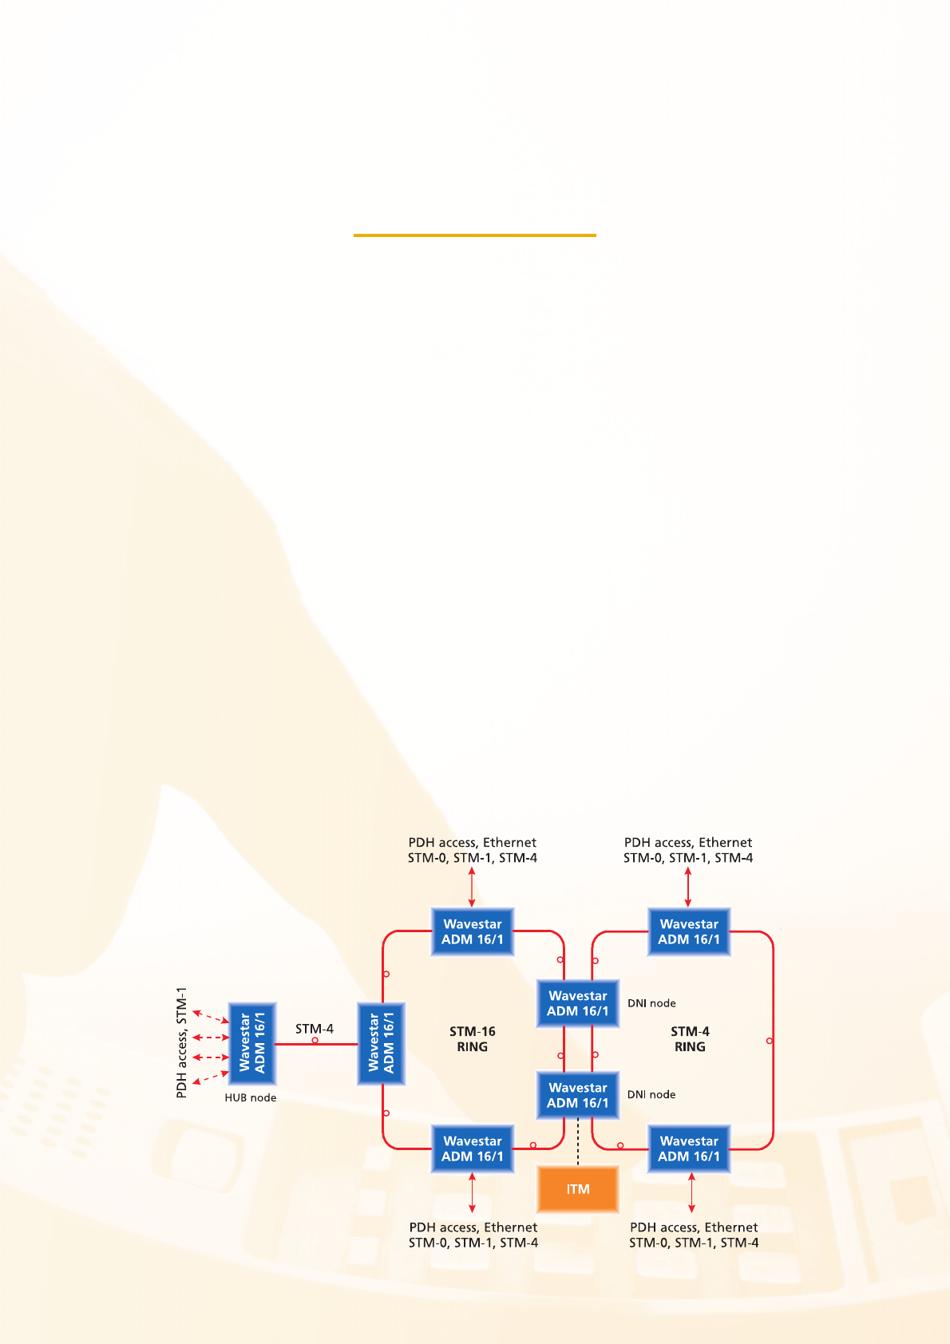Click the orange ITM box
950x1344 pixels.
pos(577,1188)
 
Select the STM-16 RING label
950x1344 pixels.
pos(472,1039)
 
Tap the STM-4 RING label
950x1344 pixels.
pos(690,1039)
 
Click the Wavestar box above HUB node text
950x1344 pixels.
pos(252,1042)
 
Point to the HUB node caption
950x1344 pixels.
pos(250,1097)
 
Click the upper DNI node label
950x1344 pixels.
pos(651,1003)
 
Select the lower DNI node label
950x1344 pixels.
pos(651,1094)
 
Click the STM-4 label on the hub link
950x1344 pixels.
pos(315,1029)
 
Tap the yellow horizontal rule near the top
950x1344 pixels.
pos(475,235)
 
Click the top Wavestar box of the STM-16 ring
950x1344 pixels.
pos(472,931)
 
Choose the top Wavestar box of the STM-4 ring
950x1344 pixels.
pos(689,931)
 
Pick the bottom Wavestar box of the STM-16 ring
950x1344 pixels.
pos(472,1148)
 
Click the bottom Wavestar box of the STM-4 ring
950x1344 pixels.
pos(689,1148)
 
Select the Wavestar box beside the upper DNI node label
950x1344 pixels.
pos(577,1003)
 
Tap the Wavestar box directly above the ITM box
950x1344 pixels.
pos(577,1095)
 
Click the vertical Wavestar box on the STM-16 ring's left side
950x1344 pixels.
pos(381,1042)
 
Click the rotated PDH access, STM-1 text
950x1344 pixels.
pos(182,1042)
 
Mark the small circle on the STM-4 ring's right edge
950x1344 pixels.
pos(770,1041)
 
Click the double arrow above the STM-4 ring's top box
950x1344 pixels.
pos(688,887)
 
